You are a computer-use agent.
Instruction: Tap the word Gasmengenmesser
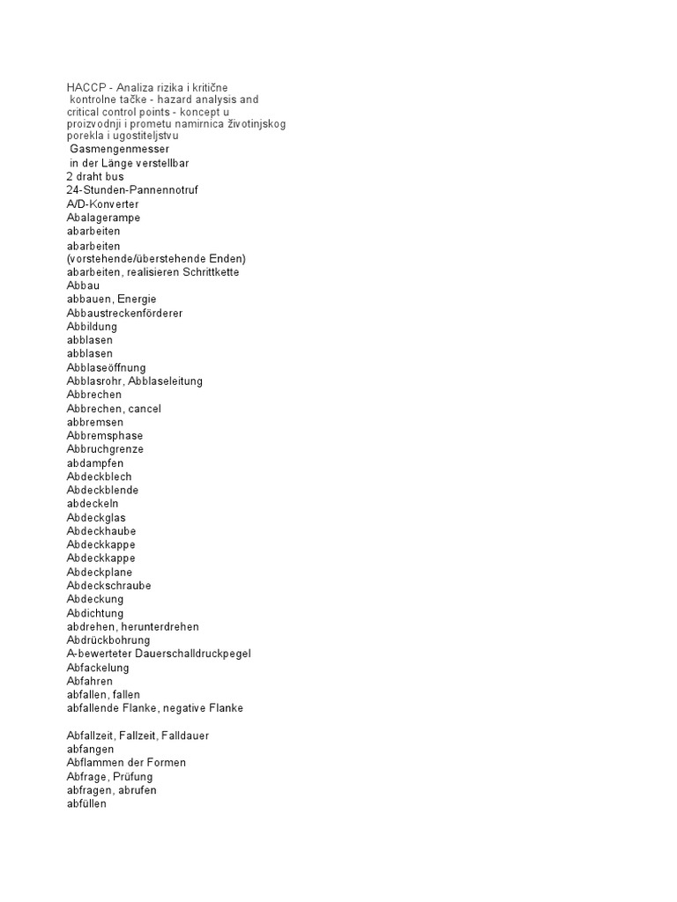point(119,149)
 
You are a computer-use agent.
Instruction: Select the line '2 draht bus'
point(95,176)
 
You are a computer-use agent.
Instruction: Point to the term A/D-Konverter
point(102,203)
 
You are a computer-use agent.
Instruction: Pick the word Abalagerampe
point(103,218)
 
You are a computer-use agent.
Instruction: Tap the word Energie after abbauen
point(137,299)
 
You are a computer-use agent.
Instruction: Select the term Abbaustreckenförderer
point(124,313)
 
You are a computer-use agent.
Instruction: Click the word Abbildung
point(92,327)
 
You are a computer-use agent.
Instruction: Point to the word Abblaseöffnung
point(107,367)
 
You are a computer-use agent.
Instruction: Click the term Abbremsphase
point(104,435)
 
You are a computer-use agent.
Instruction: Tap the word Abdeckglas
point(96,517)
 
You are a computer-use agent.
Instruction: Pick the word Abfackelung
point(98,668)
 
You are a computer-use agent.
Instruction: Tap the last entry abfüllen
point(86,803)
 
